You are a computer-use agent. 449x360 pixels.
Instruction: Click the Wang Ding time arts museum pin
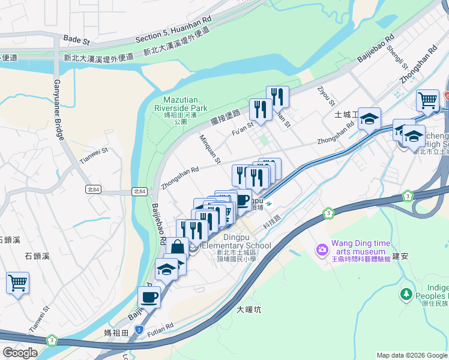click(x=322, y=249)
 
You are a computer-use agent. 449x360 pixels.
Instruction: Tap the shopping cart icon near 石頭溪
click(x=17, y=281)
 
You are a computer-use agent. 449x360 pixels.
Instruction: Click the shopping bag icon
click(x=179, y=247)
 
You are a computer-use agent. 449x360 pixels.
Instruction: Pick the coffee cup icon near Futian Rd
click(x=149, y=296)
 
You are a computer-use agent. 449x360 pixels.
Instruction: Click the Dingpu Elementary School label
click(x=237, y=245)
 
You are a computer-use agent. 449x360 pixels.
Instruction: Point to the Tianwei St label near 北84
click(x=93, y=157)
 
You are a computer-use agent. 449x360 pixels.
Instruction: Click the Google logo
click(x=20, y=353)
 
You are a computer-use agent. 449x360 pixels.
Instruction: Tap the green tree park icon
click(x=406, y=295)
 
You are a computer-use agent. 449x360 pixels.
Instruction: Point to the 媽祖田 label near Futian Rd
click(x=116, y=332)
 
